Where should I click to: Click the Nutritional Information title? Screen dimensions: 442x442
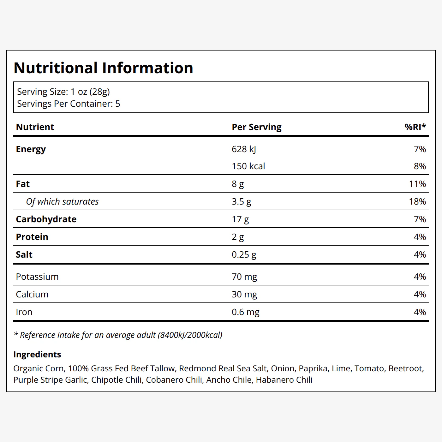103,68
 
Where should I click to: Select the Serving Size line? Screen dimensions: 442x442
63,92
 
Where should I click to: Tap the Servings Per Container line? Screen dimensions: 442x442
69,104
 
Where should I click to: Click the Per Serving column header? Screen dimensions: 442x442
256,127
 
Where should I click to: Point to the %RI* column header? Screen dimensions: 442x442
415,127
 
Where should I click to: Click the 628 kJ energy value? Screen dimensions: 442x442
244,149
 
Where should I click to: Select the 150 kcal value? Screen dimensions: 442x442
248,166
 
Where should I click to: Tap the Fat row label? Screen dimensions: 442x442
23,184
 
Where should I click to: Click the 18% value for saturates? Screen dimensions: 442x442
417,201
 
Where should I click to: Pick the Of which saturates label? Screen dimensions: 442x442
63,202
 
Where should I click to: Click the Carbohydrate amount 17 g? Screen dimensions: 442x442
240,219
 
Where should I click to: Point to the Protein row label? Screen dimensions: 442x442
32,237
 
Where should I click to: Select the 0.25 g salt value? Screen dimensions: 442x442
244,254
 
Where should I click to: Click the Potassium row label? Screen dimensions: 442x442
37,277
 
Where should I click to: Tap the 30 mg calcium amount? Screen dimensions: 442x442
244,294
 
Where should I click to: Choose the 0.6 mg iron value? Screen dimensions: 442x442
245,312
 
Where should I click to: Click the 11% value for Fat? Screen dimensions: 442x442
417,184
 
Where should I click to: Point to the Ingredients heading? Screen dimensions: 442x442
37,355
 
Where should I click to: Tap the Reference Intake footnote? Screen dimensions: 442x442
118,335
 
